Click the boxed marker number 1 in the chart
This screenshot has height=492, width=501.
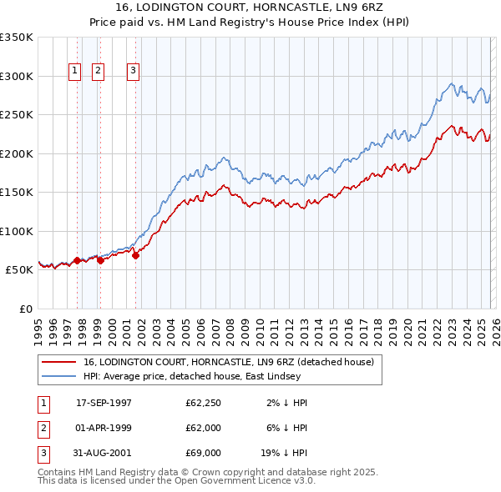pyautogui.click(x=75, y=72)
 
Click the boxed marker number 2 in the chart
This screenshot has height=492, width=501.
pyautogui.click(x=98, y=72)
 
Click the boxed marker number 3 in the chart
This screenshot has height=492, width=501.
pyautogui.click(x=133, y=72)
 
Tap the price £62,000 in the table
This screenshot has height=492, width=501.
pyautogui.click(x=204, y=428)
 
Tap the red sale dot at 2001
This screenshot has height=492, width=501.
pyautogui.click(x=136, y=255)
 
